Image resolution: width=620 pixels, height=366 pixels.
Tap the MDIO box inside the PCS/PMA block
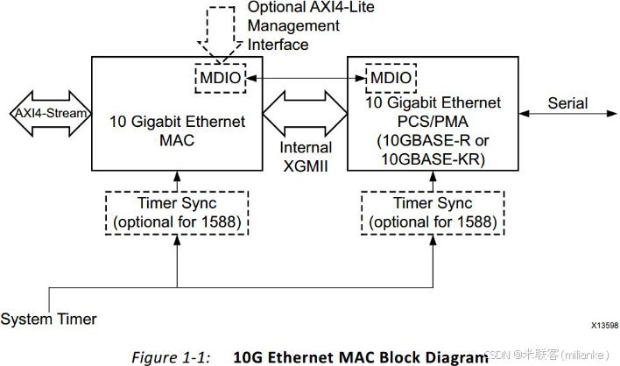pyautogui.click(x=389, y=79)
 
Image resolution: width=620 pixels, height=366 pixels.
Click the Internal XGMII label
pyautogui.click(x=306, y=157)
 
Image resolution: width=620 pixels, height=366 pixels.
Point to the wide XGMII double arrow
pyautogui.click(x=306, y=115)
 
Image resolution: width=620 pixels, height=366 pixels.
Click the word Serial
pyautogui.click(x=568, y=103)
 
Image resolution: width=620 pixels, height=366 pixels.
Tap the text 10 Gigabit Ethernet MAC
pyautogui.click(x=177, y=130)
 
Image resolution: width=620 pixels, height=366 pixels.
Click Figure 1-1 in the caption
pyautogui.click(x=172, y=355)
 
